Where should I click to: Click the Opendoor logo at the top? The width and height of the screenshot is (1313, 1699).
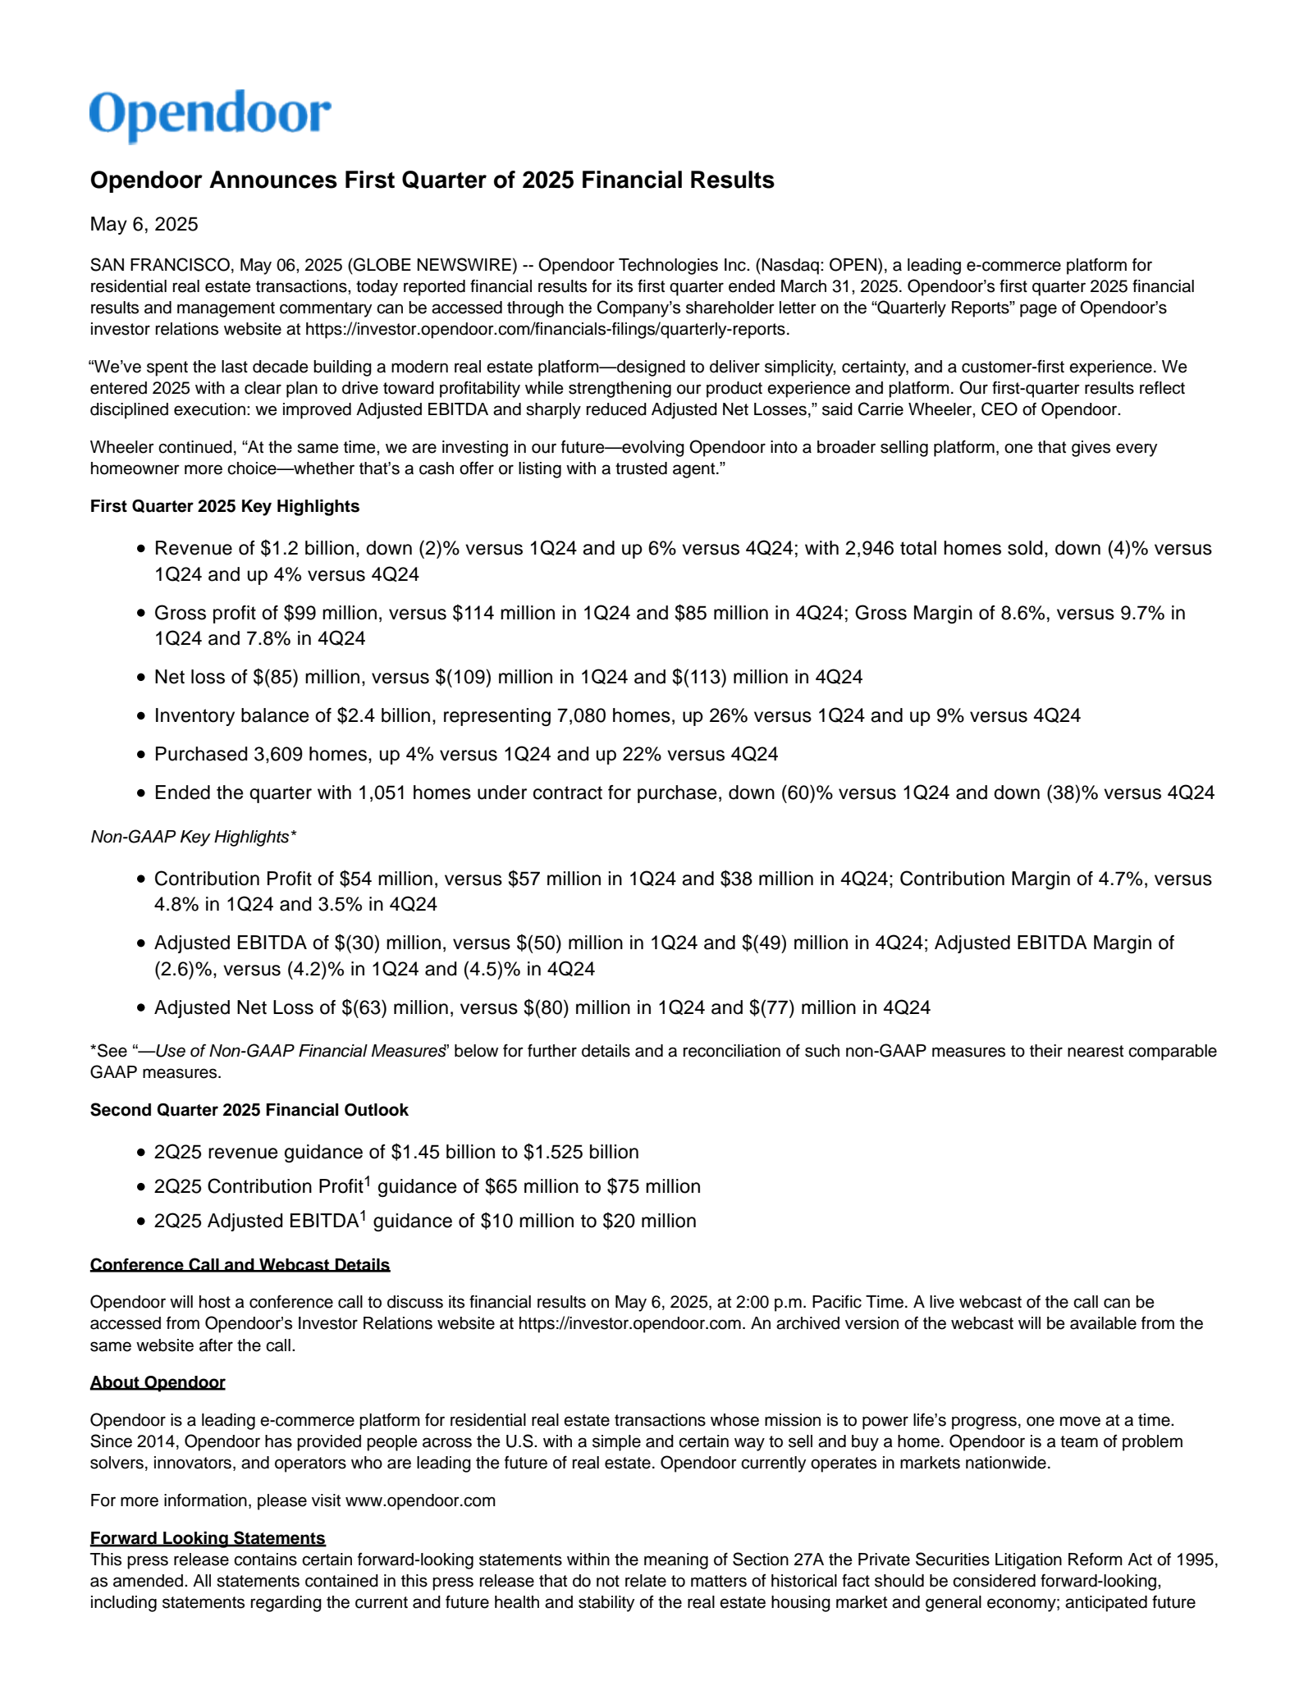[x=210, y=114]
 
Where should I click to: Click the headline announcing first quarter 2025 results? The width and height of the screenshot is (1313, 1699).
[x=432, y=180]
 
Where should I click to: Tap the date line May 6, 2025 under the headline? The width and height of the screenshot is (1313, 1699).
[x=144, y=224]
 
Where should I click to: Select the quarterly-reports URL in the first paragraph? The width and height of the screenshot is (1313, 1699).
[x=547, y=329]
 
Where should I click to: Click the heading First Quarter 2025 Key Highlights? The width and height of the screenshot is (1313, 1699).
[x=224, y=506]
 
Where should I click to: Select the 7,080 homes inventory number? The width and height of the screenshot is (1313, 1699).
[x=582, y=715]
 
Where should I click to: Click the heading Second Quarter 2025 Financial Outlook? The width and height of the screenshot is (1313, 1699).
[x=249, y=1110]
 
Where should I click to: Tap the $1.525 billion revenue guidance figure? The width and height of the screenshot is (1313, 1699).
[x=581, y=1152]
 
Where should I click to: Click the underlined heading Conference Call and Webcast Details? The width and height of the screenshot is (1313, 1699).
[x=240, y=1264]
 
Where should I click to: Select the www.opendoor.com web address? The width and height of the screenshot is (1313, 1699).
[x=420, y=1500]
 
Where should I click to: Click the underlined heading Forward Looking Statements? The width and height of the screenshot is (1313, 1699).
[x=208, y=1537]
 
